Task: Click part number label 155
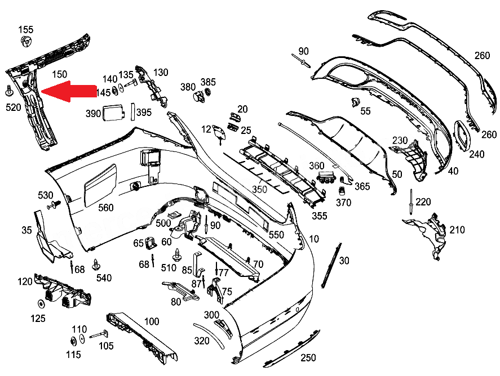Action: click(x=26, y=29)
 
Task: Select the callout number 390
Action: click(x=93, y=113)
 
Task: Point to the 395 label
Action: click(x=144, y=113)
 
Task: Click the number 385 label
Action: click(x=208, y=82)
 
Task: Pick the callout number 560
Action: click(x=106, y=208)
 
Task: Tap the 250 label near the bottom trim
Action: click(x=308, y=357)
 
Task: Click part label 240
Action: click(x=476, y=154)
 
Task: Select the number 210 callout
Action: click(x=457, y=230)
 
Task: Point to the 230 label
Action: click(x=400, y=140)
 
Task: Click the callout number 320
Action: click(x=201, y=341)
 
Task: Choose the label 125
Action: click(x=38, y=319)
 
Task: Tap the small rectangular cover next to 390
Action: click(x=113, y=113)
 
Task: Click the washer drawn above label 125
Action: click(x=41, y=305)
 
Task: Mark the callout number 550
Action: click(x=276, y=235)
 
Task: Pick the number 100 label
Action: click(x=152, y=321)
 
